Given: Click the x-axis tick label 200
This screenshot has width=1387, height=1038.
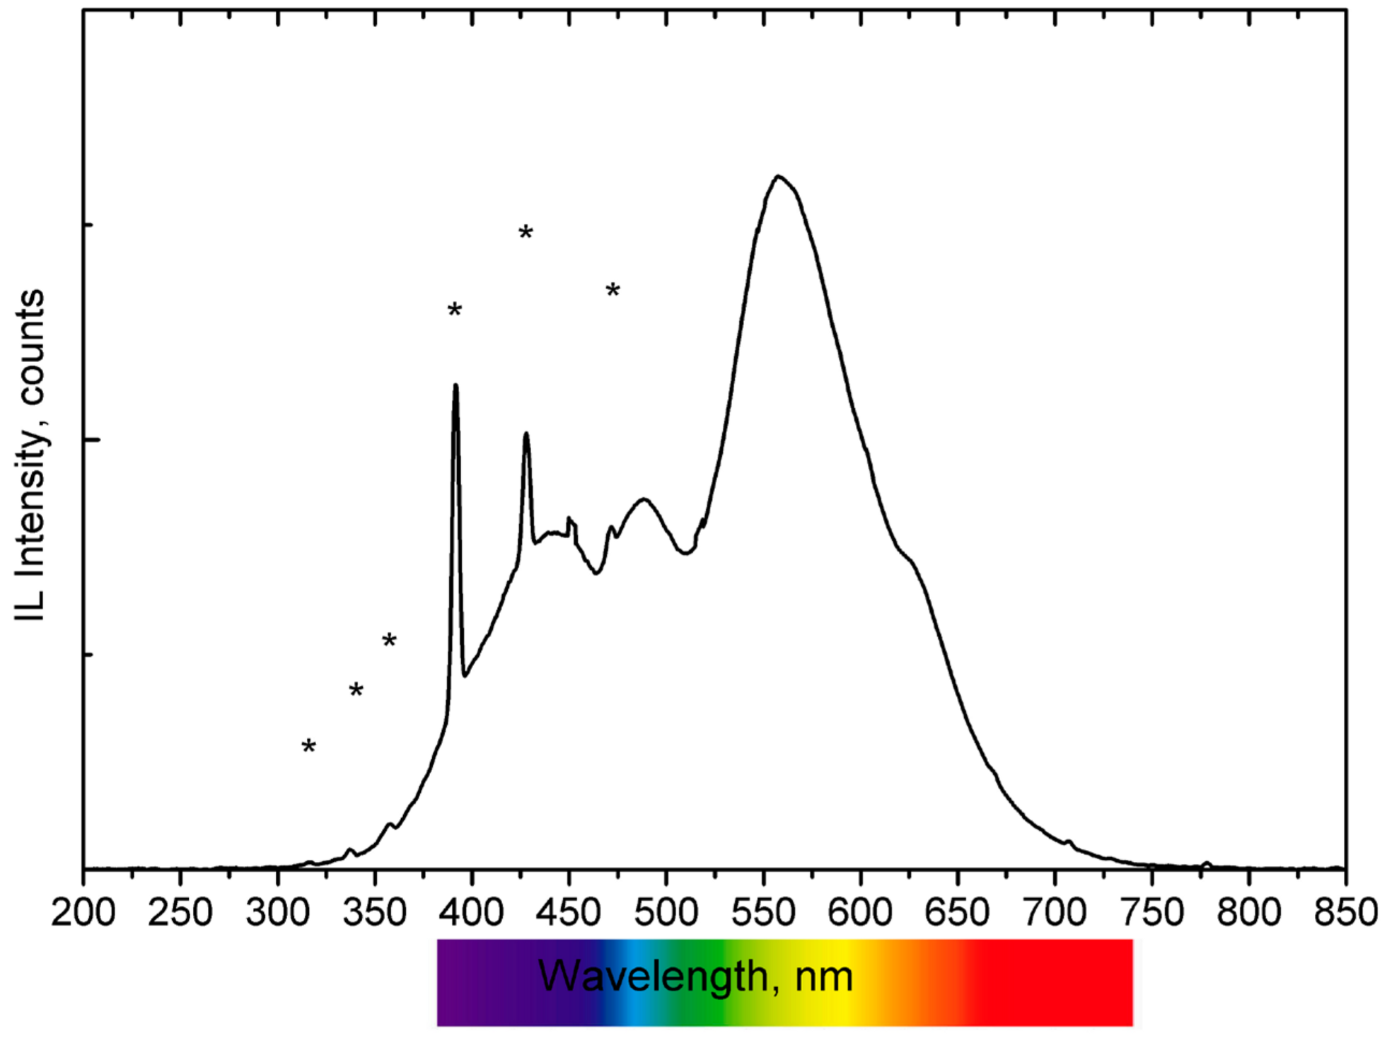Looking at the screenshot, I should [83, 912].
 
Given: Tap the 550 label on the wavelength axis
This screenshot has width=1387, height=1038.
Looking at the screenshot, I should [763, 912].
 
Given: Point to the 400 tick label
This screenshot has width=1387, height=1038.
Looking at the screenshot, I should [471, 912].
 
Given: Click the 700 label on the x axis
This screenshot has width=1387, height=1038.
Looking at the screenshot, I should [1055, 912].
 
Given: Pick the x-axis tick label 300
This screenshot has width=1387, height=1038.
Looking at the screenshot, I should [277, 912].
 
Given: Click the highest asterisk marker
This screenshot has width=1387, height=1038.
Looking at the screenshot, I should [526, 233].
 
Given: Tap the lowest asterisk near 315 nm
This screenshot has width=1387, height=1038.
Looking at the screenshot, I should [308, 747].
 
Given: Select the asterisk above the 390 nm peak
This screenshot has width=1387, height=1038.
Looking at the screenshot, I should [455, 310].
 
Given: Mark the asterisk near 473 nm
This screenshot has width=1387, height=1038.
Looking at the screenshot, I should [613, 291].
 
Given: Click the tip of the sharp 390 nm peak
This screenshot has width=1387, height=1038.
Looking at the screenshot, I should [455, 385].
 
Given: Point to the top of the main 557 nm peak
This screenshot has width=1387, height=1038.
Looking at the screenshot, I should [778, 176].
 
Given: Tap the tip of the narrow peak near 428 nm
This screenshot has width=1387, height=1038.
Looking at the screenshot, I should [526, 433].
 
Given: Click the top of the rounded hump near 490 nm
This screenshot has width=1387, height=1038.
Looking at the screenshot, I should [644, 499].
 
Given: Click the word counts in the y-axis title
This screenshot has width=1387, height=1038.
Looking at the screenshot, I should [32, 346].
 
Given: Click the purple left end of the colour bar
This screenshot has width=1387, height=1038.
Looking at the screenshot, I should [453, 983].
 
